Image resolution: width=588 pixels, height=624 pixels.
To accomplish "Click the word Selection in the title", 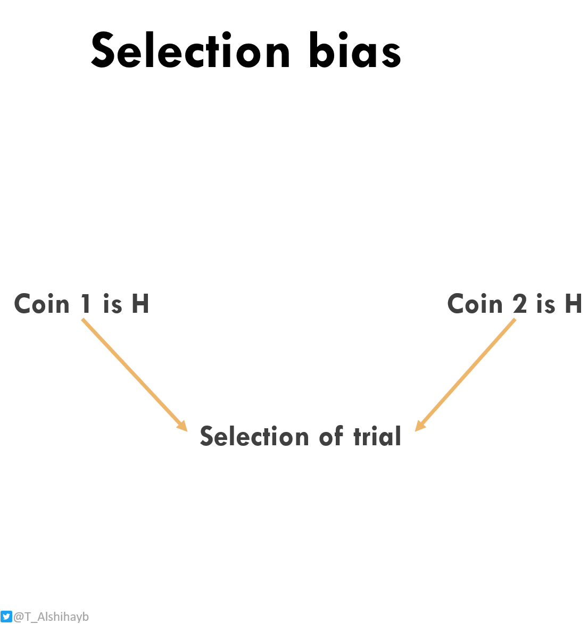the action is click(x=191, y=51).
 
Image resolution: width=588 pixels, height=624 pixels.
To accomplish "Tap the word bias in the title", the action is click(x=354, y=51).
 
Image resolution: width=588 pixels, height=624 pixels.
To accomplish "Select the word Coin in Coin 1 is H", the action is click(x=42, y=304).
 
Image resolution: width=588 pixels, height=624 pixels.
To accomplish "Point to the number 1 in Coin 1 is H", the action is click(x=86, y=304).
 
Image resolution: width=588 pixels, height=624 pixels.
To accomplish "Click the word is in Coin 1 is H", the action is click(x=112, y=304).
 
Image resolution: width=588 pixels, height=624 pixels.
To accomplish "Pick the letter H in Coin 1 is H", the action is click(x=140, y=304).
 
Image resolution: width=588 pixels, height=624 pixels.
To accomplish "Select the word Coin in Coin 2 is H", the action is click(x=475, y=304).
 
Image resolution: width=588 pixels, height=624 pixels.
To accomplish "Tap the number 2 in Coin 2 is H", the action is click(x=520, y=304).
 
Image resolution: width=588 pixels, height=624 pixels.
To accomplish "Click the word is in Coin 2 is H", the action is click(x=546, y=304).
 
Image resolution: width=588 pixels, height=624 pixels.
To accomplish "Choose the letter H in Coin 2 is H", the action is click(x=573, y=304).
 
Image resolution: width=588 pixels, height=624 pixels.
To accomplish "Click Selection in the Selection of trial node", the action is click(x=254, y=437).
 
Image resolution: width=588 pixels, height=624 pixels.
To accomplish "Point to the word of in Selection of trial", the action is click(x=331, y=437).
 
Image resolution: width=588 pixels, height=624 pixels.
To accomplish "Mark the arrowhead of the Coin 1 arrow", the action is click(x=183, y=426).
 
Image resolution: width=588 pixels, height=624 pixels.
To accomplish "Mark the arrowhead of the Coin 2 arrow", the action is click(x=419, y=426).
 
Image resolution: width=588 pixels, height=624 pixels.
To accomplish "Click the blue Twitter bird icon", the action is click(x=6, y=617).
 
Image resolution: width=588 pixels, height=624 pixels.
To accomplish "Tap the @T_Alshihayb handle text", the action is click(x=51, y=617).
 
